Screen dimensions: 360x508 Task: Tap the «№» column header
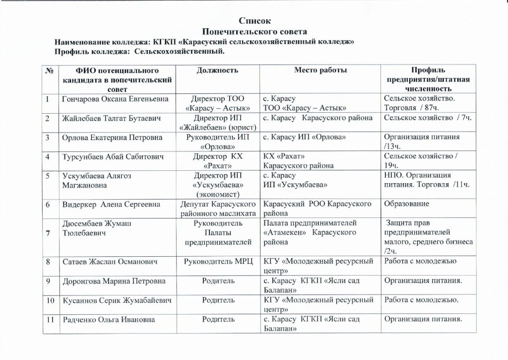[x=49, y=71]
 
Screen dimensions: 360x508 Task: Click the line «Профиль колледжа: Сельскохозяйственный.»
[x=139, y=51]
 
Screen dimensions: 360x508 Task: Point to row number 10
[x=50, y=300]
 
